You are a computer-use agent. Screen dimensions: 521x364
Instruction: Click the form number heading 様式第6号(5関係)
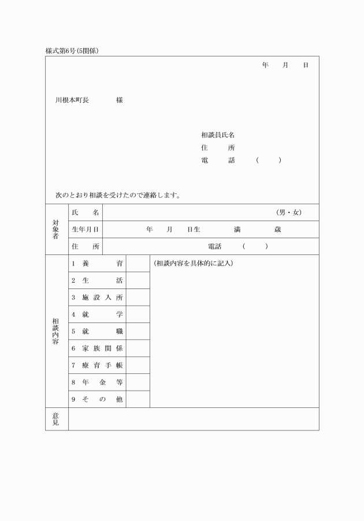pos(72,51)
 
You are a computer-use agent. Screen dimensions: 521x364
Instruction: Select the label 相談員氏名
pos(218,135)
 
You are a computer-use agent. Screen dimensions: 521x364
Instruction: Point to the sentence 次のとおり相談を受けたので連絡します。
pos(118,195)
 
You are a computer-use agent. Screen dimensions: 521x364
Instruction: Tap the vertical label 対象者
pos(56,229)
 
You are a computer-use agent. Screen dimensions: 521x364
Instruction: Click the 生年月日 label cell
pos(85,230)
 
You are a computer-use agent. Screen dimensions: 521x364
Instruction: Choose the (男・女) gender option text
pos(289,213)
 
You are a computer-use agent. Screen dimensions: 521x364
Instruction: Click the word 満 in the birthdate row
pos(237,230)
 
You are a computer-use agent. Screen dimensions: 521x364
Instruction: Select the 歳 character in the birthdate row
pos(277,230)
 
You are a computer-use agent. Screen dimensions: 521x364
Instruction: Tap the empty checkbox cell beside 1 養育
pos(138,264)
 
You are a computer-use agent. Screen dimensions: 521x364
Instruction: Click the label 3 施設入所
pos(97,298)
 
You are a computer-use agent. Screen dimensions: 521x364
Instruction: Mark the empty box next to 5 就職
pos(138,332)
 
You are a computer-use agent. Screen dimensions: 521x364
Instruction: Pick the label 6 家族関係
pos(97,348)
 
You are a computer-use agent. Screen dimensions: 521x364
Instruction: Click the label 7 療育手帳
pos(97,365)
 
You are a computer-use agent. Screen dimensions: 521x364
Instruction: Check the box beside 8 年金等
pos(138,382)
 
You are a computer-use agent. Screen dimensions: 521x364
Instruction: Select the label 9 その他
pos(97,399)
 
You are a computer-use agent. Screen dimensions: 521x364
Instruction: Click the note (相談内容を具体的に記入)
pos(193,264)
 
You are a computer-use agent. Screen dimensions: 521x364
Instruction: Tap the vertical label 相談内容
pos(56,331)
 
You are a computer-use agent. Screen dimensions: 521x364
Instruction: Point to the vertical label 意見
pos(56,419)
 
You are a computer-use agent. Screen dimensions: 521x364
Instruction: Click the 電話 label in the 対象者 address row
pos(214,246)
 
